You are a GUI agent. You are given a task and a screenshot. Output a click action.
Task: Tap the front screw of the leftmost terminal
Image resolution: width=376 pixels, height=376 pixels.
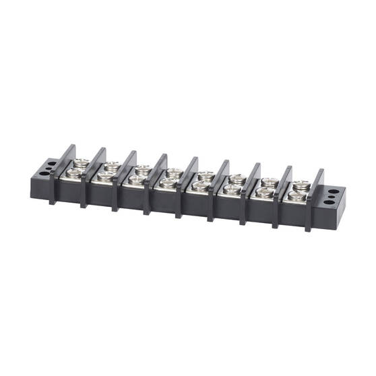click(73, 173)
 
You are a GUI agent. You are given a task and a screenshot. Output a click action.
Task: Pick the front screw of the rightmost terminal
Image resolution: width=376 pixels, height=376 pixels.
click(296, 196)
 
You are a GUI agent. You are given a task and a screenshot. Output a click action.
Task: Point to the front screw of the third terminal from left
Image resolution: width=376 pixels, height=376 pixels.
click(136, 179)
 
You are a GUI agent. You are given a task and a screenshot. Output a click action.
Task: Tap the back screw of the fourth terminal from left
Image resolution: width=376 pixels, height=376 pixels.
click(175, 172)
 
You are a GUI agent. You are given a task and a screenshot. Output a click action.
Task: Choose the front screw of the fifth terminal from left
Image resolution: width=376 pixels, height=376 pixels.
click(200, 185)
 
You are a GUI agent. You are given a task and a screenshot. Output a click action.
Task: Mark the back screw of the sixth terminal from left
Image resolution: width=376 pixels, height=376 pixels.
click(238, 179)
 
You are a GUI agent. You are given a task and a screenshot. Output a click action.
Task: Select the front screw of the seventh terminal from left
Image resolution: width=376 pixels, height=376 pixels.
click(264, 192)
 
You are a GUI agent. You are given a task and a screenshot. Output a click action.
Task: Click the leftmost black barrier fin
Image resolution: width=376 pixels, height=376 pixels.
click(59, 173)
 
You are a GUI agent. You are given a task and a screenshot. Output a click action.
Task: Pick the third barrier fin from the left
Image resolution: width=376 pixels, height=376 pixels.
click(121, 179)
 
